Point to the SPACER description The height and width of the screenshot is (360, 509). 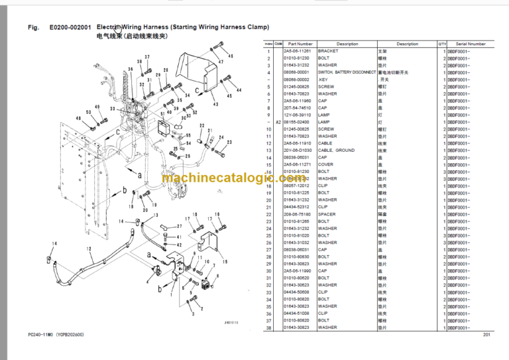point(328,214)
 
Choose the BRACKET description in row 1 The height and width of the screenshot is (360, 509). point(328,51)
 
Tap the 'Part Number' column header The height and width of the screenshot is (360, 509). point(300,44)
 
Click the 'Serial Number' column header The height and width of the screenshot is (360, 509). point(471,44)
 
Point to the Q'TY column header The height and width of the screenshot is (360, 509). point(442,44)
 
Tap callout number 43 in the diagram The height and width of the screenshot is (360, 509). point(215,104)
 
